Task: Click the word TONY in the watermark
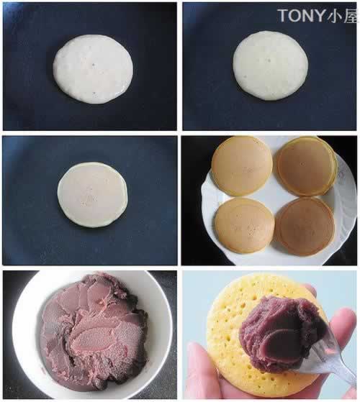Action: coord(301,15)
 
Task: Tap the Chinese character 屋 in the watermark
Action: coord(351,15)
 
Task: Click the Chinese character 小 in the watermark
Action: coord(334,15)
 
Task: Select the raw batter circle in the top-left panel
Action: coord(93,69)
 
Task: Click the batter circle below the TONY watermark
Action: coord(271,65)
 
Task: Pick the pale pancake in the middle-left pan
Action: coord(92,195)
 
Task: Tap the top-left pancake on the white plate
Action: coord(241,166)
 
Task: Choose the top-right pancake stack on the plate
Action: coord(307,166)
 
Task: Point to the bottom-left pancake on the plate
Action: coord(245,226)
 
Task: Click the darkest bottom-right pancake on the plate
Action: coord(305,226)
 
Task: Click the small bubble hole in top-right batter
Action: coord(269,60)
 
